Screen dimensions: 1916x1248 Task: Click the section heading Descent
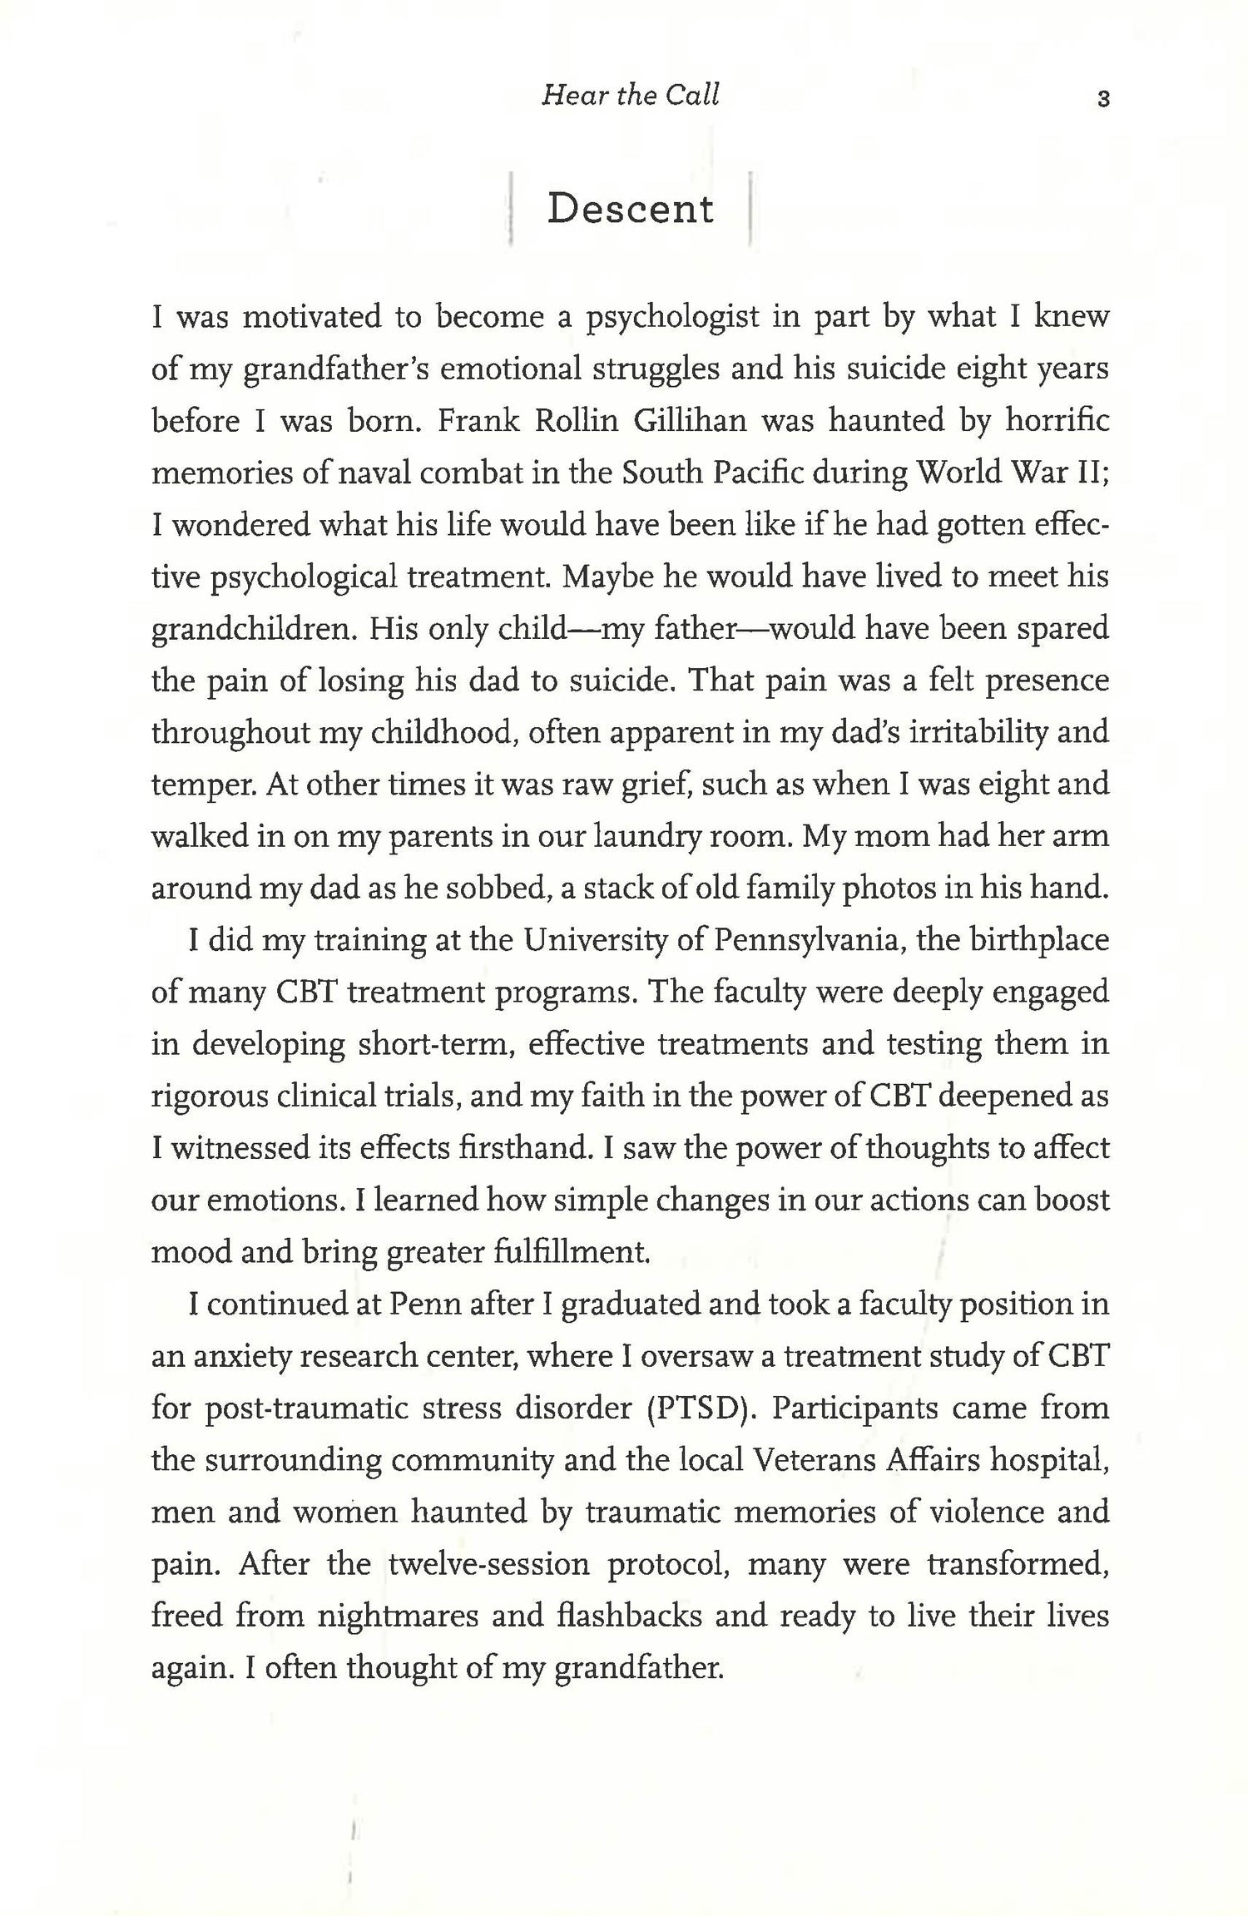(630, 209)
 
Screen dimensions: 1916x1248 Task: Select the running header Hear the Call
(630, 96)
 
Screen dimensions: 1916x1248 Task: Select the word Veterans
(825, 1460)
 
